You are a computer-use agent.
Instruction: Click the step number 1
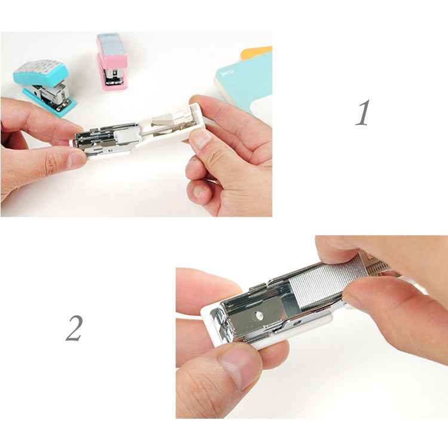pyautogui.click(x=363, y=113)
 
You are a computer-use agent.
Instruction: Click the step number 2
pyautogui.click(x=73, y=328)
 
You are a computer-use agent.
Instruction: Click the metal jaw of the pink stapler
pyautogui.click(x=112, y=76)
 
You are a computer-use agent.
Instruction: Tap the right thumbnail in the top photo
pyautogui.click(x=201, y=139)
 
